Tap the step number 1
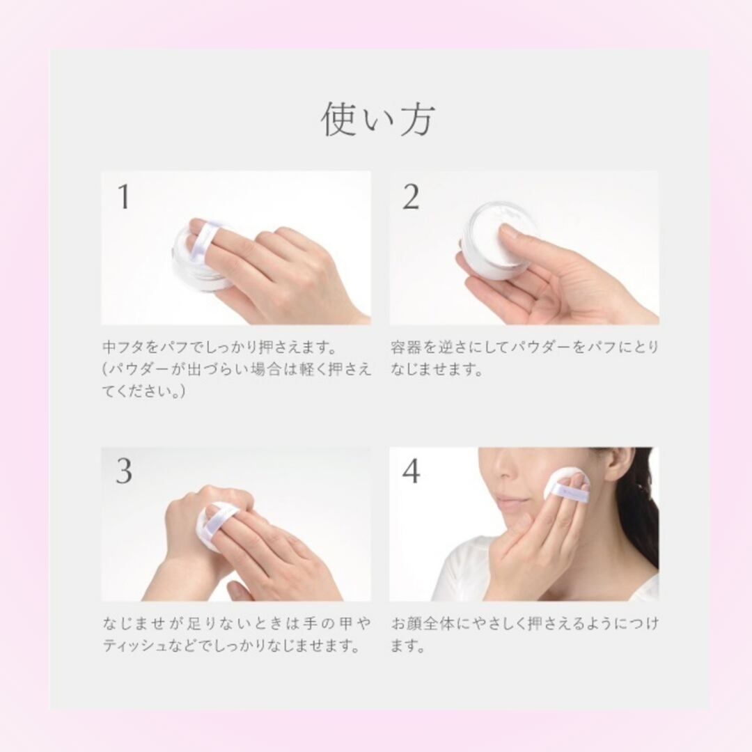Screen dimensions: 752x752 click(124, 197)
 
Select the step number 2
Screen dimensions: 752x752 click(411, 197)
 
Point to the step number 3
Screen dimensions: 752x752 click(124, 471)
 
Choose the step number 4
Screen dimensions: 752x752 click(411, 471)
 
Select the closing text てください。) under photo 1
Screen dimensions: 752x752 click(143, 391)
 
